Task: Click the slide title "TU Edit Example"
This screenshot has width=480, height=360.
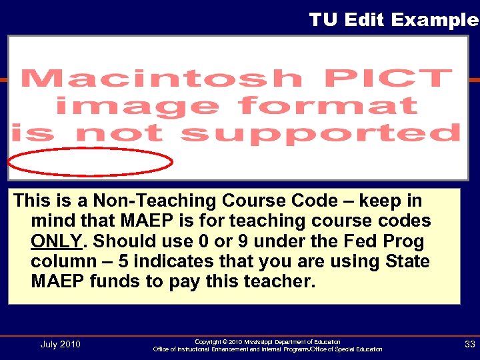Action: click(393, 20)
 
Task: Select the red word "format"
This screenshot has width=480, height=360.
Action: click(327, 106)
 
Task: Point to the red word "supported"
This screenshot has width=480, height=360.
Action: click(321, 133)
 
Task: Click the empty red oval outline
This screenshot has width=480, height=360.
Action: click(91, 162)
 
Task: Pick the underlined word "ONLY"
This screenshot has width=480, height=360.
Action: click(55, 241)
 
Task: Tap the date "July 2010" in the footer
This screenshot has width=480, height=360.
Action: click(60, 344)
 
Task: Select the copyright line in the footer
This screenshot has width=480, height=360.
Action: click(267, 341)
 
